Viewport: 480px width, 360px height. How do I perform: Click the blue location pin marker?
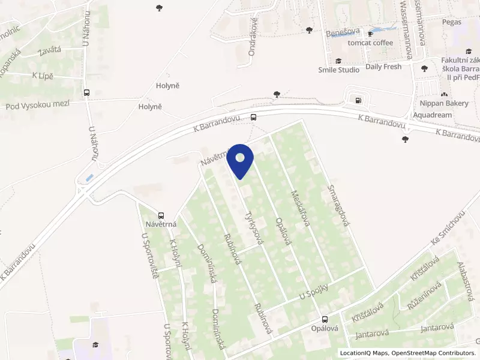tap(240, 160)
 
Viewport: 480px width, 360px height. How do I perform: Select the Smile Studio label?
tap(338, 70)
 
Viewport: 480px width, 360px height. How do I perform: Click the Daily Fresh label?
tap(383, 67)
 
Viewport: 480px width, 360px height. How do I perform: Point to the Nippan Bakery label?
tap(445, 103)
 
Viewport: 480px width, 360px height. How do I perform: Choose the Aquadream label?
tap(431, 114)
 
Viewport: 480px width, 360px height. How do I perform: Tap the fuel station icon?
tap(358, 100)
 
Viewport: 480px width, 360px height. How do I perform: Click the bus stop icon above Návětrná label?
tap(161, 215)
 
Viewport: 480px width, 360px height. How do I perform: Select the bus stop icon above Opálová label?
tap(325, 319)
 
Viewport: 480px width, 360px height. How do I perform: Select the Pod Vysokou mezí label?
tap(37, 106)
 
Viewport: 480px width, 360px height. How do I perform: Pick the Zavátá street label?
tap(49, 50)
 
